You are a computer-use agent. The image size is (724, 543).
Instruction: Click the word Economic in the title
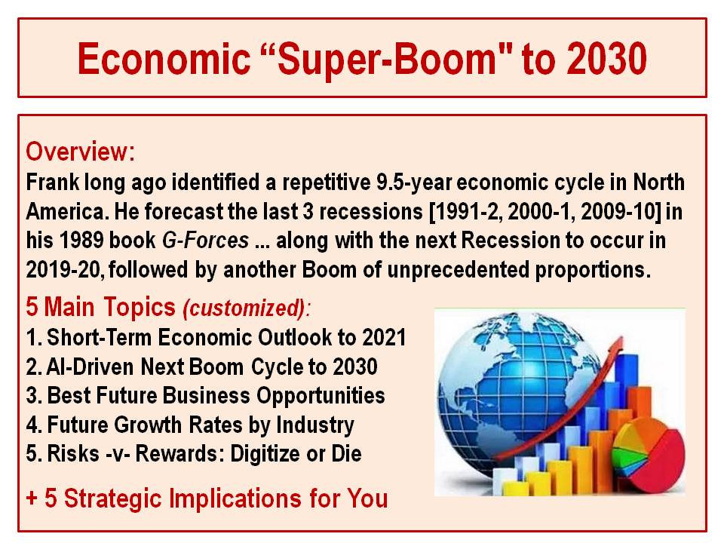point(164,59)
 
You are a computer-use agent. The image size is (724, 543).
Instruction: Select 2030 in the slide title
point(606,59)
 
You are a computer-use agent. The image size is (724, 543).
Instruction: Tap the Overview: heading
point(81,152)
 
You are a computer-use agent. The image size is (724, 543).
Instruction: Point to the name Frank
point(52,182)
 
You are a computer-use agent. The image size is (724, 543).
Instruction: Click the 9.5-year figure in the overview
point(414,183)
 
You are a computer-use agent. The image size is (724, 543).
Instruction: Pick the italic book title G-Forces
point(205,240)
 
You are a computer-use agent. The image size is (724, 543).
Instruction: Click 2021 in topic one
point(384,337)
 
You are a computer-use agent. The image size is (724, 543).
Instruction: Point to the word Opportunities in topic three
point(321,396)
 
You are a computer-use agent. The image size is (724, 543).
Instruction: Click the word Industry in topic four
point(315,425)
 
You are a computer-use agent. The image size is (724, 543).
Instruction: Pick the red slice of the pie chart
point(661,466)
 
